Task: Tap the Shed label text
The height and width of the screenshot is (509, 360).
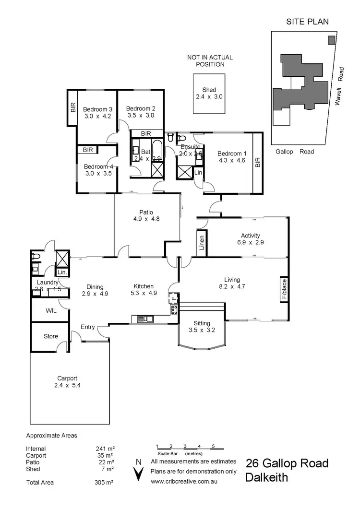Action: click(x=209, y=90)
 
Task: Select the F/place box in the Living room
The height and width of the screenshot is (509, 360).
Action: click(x=284, y=289)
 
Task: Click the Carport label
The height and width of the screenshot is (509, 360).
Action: click(x=67, y=378)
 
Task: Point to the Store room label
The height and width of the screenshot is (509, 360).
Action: click(x=51, y=336)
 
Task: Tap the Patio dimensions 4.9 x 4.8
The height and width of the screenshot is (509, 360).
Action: click(x=146, y=219)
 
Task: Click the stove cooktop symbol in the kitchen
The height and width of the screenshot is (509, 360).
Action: click(x=174, y=309)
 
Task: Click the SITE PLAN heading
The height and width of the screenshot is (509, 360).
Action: click(x=308, y=22)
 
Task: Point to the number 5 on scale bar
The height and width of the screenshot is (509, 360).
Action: click(x=213, y=446)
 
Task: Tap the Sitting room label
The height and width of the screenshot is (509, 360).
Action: click(x=199, y=323)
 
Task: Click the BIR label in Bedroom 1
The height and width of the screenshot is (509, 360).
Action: click(x=257, y=163)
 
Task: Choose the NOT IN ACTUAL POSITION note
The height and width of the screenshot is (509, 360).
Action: click(x=206, y=61)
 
